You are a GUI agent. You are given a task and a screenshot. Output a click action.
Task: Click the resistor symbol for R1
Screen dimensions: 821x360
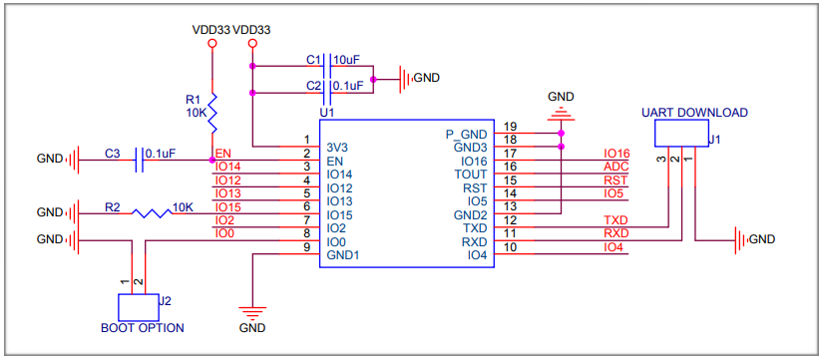(x=212, y=114)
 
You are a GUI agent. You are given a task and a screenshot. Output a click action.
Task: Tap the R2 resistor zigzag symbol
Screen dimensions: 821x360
(x=152, y=213)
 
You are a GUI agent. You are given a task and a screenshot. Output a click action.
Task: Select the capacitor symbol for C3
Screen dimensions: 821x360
(x=140, y=160)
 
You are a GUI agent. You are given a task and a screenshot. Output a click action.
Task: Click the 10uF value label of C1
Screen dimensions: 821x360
(x=346, y=60)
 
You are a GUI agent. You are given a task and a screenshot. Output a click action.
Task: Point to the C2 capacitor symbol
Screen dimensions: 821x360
(x=327, y=94)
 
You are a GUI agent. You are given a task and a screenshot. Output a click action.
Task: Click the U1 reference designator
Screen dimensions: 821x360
(x=327, y=113)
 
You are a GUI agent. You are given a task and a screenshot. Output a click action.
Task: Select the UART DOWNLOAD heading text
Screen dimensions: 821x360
(x=695, y=112)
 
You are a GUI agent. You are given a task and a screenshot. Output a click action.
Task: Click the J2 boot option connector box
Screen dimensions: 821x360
(x=139, y=308)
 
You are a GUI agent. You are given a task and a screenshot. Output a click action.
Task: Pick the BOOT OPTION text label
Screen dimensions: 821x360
(x=142, y=328)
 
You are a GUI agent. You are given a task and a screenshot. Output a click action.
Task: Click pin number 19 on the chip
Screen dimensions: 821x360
(x=510, y=126)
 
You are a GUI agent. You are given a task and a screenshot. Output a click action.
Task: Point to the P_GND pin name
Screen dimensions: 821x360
(x=467, y=134)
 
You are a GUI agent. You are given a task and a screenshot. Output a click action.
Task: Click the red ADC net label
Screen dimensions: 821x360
(x=616, y=167)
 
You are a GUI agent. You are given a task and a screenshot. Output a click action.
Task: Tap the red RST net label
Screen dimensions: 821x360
(x=616, y=180)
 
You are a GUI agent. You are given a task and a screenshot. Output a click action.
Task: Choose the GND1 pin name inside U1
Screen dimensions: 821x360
(x=343, y=256)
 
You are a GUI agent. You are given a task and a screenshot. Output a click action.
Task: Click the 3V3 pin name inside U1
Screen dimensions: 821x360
(x=337, y=147)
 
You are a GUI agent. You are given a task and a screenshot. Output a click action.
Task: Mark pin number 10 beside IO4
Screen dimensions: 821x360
(x=510, y=247)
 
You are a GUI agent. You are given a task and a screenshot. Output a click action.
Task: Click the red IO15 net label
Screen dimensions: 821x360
(x=227, y=207)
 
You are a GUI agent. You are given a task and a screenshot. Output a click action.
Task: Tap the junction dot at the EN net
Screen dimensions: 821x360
(x=212, y=160)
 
